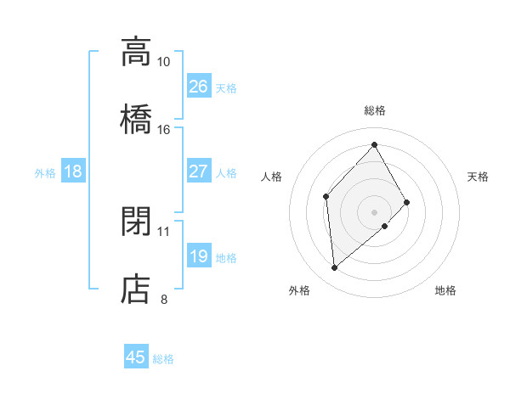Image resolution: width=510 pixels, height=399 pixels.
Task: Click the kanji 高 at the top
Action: pyautogui.click(x=136, y=52)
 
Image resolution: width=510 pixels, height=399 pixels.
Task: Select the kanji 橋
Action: pyautogui.click(x=136, y=118)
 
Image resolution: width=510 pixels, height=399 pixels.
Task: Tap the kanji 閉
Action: pyautogui.click(x=136, y=222)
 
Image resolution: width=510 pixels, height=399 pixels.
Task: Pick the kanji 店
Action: pyautogui.click(x=136, y=288)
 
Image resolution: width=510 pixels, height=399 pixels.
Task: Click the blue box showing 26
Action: pyautogui.click(x=198, y=87)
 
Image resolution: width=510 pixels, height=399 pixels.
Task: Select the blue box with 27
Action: pyautogui.click(x=198, y=171)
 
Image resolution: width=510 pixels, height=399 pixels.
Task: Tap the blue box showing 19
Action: pyautogui.click(x=198, y=256)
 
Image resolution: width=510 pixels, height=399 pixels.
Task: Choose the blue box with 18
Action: pyautogui.click(x=73, y=171)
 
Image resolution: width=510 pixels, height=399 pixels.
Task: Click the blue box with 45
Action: pyautogui.click(x=136, y=357)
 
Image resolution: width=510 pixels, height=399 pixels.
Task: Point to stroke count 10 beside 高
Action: pyautogui.click(x=164, y=62)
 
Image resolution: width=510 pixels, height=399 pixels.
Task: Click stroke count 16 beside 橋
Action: pyautogui.click(x=164, y=130)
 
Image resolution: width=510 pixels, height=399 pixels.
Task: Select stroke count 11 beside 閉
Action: pyautogui.click(x=164, y=231)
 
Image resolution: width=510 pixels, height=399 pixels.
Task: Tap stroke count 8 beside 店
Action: pyautogui.click(x=164, y=299)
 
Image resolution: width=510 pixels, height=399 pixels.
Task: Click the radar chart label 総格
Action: pyautogui.click(x=374, y=110)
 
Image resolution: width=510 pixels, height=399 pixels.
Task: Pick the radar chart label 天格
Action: pyautogui.click(x=478, y=177)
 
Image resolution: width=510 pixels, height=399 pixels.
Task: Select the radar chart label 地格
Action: pyautogui.click(x=445, y=290)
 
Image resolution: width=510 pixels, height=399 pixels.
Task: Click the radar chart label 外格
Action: pyautogui.click(x=299, y=290)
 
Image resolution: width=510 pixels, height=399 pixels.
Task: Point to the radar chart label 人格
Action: pyautogui.click(x=272, y=177)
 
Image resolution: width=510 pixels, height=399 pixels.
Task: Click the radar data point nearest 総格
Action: pyautogui.click(x=374, y=145)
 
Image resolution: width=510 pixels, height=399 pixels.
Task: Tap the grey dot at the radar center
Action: pyautogui.click(x=374, y=211)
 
